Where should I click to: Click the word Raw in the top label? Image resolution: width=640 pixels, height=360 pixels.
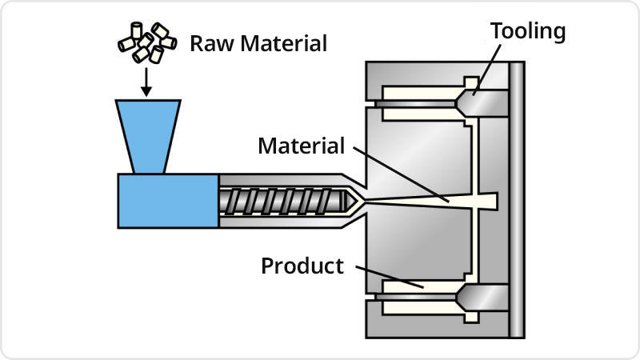pyautogui.click(x=207, y=42)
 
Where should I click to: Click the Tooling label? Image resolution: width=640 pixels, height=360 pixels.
pyautogui.click(x=528, y=31)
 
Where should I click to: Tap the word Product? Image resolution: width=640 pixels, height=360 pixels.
pyautogui.click(x=302, y=266)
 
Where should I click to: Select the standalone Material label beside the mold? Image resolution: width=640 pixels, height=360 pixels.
pyautogui.click(x=301, y=146)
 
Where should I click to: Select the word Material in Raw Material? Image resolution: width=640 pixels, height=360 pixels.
pyautogui.click(x=281, y=42)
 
